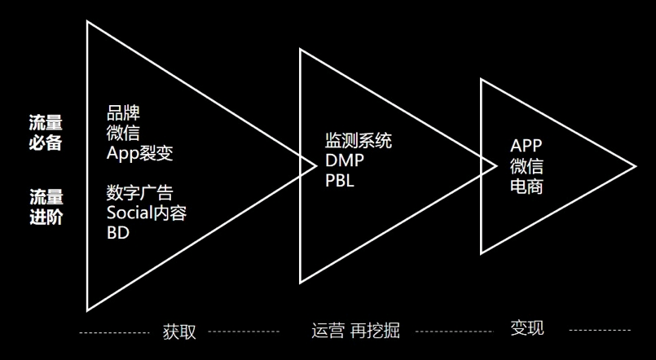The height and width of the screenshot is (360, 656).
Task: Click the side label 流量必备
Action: coord(46,132)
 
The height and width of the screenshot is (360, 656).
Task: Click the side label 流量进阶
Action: coord(46,207)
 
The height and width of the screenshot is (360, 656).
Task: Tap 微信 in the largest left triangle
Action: coord(123,133)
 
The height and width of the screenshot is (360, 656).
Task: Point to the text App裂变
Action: coord(139,152)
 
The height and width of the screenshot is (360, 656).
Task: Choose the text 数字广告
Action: coord(139,194)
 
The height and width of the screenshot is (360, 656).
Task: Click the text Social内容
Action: coord(147,213)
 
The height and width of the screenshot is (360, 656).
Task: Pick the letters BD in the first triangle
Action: coord(118,233)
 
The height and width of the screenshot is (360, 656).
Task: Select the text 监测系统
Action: coord(359,141)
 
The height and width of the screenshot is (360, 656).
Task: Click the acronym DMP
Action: coord(345,160)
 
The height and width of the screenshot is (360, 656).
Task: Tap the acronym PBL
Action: coord(340,180)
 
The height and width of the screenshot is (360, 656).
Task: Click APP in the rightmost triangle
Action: coord(526,147)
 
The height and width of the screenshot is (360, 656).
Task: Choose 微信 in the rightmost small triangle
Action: coord(526,166)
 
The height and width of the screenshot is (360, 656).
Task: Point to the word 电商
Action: coord(526,187)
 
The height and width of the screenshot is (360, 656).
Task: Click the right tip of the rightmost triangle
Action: coord(635,167)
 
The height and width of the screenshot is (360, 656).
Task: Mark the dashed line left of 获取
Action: coord(113,333)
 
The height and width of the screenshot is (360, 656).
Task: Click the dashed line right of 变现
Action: coord(599,331)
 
